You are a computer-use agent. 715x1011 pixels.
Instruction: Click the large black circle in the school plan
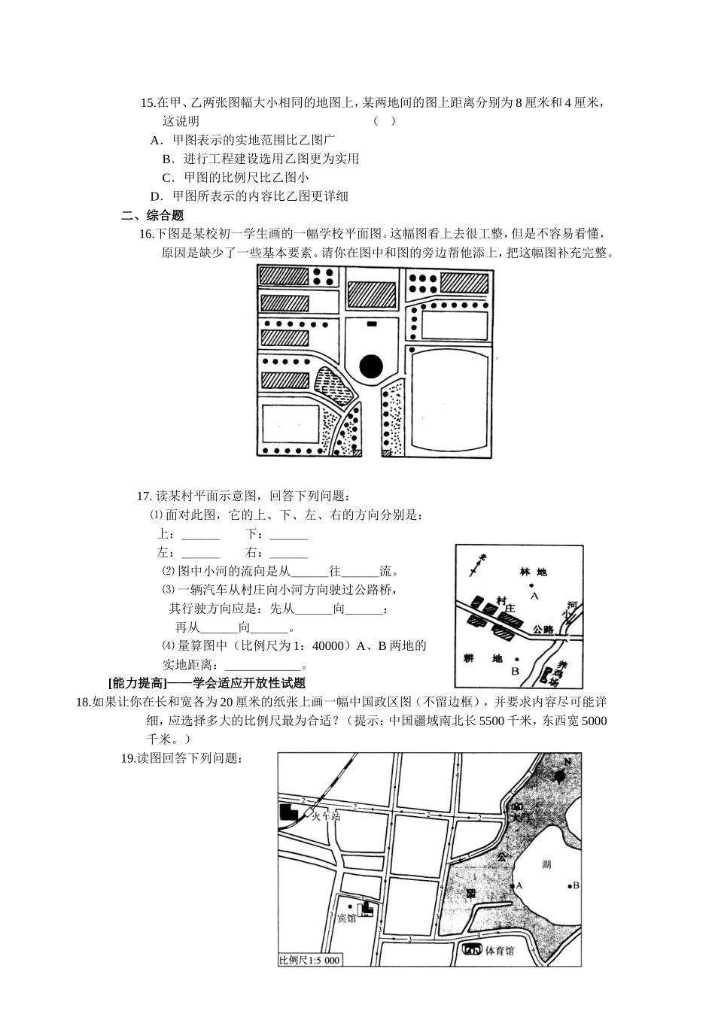click(371, 366)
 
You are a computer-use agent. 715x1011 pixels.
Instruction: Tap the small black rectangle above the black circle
click(371, 323)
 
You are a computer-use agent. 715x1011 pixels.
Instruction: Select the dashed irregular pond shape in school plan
click(333, 386)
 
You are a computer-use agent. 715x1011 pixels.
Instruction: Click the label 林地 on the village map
click(532, 572)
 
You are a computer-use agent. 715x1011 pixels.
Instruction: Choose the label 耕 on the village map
click(468, 658)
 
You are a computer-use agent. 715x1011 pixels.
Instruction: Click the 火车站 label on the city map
click(325, 816)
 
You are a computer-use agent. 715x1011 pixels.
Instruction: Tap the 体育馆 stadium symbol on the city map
click(473, 949)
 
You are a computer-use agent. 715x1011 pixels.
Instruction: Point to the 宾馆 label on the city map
click(346, 918)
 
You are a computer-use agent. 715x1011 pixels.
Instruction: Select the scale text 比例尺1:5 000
click(309, 961)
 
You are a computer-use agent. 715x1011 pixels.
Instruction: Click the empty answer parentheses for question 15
click(385, 121)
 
